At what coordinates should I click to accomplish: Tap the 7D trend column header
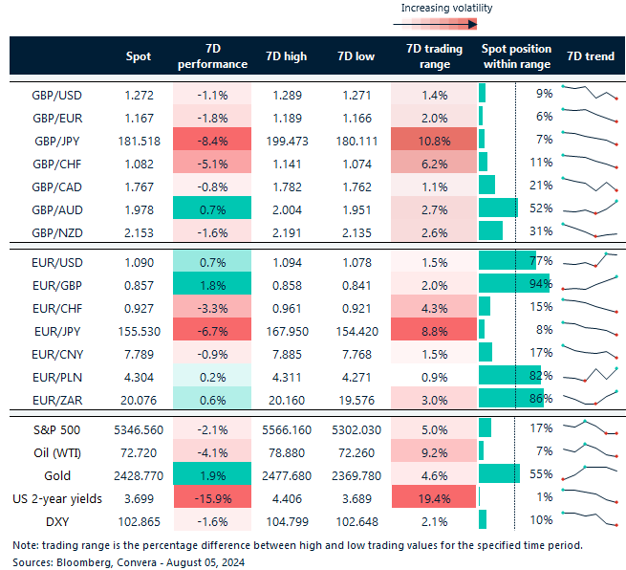590,56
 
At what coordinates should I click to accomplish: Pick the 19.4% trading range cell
434,496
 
